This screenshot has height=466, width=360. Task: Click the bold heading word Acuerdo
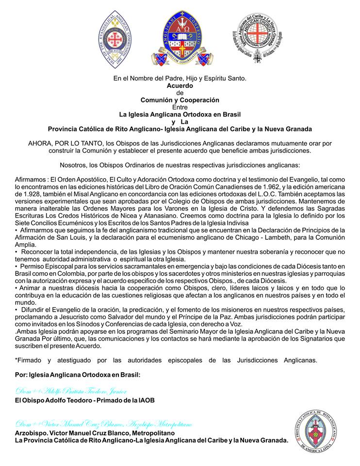point(180,85)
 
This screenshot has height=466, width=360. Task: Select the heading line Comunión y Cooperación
point(180,100)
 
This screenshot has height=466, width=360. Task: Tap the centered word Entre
point(180,107)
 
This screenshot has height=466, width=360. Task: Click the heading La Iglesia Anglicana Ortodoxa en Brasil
point(180,115)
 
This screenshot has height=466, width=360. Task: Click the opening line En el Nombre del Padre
point(180,78)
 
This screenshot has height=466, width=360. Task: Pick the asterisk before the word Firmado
point(16,360)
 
